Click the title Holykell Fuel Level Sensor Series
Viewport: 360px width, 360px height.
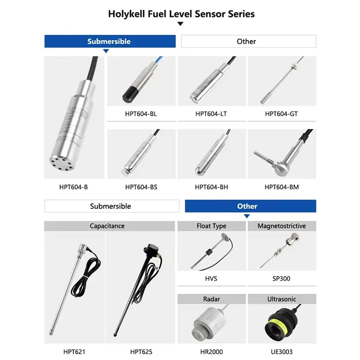[x=181, y=14]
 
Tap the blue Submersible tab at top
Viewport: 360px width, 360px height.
[x=109, y=41]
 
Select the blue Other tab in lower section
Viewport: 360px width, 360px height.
[x=247, y=206]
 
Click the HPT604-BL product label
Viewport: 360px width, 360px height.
[x=141, y=114]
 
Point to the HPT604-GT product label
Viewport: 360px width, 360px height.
[x=281, y=114]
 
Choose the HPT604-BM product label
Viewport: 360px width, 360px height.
[x=281, y=187]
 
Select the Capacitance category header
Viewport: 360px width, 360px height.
[x=107, y=226]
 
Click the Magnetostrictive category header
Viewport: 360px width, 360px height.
[x=281, y=226]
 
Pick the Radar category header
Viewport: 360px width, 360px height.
[x=211, y=299]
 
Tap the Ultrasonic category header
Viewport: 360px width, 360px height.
[x=281, y=299]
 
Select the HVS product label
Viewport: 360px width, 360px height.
[x=211, y=279]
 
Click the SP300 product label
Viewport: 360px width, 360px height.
[x=281, y=279]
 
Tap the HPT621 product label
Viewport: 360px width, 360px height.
[x=74, y=351]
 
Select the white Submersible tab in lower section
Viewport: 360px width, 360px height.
[x=110, y=206]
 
